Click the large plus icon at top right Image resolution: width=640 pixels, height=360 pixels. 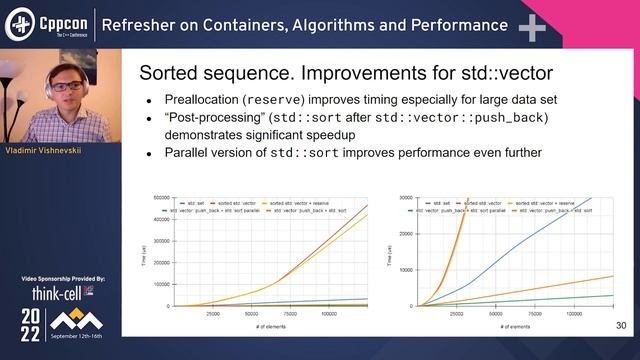(x=531, y=27)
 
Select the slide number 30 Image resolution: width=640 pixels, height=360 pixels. (x=620, y=326)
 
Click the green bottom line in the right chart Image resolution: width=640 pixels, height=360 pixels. (x=560, y=299)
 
